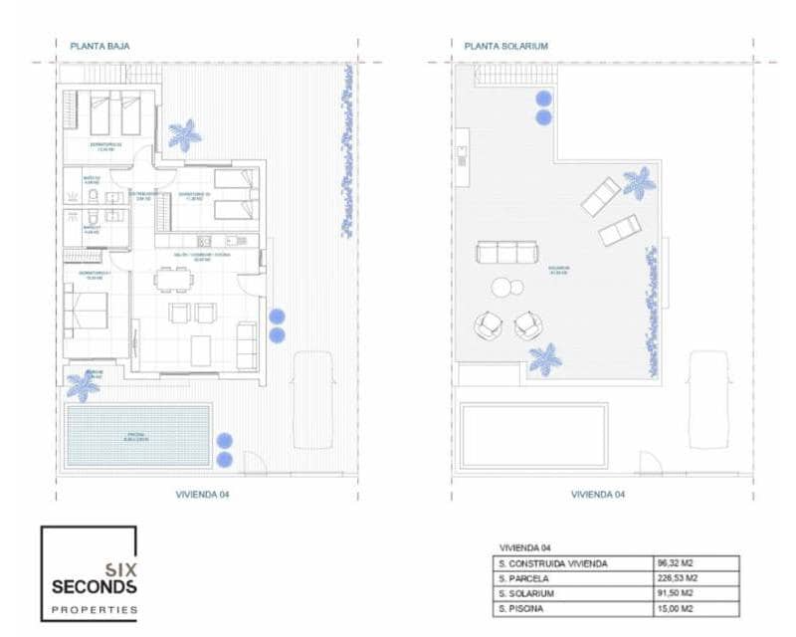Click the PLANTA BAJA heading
100,46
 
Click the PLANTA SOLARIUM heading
505,46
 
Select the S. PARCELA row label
524,577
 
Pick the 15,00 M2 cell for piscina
678,608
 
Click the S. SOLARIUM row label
528,593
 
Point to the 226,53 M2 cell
679,577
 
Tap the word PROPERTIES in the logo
94,609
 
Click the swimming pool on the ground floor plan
138,435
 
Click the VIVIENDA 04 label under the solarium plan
597,494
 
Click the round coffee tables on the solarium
508,289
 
